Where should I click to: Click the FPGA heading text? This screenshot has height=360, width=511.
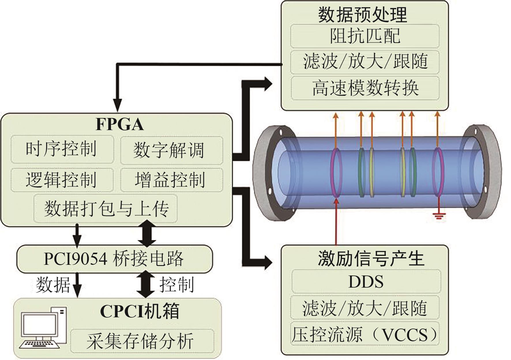click(x=119, y=124)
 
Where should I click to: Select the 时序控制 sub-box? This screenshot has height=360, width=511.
click(x=62, y=149)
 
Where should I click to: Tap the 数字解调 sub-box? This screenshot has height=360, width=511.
click(x=171, y=150)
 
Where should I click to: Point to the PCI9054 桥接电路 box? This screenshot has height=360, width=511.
click(x=114, y=258)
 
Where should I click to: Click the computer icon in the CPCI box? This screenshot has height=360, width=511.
click(x=43, y=328)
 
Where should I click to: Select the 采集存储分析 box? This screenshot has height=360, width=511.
click(x=142, y=342)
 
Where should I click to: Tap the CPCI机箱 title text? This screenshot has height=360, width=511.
click(x=140, y=311)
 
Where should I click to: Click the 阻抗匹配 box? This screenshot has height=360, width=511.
click(x=365, y=36)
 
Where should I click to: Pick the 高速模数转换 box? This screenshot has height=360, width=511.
click(x=365, y=88)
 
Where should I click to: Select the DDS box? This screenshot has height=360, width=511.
click(x=366, y=282)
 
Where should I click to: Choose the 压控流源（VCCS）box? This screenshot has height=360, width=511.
click(x=365, y=335)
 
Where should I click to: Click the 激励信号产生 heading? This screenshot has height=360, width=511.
click(x=371, y=258)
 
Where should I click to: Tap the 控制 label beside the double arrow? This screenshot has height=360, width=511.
click(x=176, y=285)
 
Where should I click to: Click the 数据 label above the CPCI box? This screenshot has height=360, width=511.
click(x=53, y=285)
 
